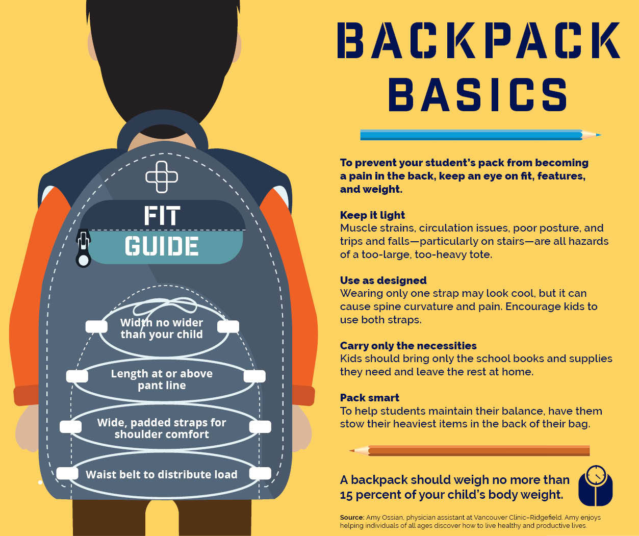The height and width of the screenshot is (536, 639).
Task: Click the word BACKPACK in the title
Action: click(x=478, y=40)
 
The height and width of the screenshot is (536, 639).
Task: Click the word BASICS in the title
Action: click(x=478, y=95)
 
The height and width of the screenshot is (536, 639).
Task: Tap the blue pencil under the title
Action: click(x=479, y=135)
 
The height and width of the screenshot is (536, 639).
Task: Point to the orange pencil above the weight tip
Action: click(x=469, y=451)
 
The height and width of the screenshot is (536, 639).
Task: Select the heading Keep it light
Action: click(x=372, y=215)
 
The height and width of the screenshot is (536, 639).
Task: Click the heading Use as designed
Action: click(x=383, y=280)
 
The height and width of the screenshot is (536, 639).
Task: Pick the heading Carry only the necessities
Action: click(x=408, y=346)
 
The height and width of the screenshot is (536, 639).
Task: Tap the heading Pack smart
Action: click(x=369, y=398)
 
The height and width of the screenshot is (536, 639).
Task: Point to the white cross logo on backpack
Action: click(x=162, y=177)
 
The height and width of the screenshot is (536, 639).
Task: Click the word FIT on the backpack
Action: click(x=162, y=216)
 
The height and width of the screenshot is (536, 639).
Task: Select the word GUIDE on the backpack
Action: click(x=162, y=247)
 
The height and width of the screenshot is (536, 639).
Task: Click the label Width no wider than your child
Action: click(x=162, y=328)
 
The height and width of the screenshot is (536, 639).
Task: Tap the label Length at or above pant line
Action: click(x=162, y=379)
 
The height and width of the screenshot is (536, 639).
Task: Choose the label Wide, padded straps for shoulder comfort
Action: click(x=162, y=428)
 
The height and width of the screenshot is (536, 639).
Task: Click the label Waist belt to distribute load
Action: click(x=162, y=475)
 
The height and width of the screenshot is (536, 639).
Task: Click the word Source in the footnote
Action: click(x=352, y=517)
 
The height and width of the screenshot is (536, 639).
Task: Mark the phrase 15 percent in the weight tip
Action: click(x=368, y=495)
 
